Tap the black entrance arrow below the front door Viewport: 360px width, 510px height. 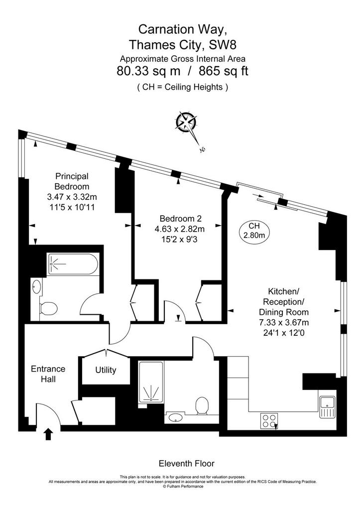click(48, 434)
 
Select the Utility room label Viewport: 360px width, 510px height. click(106, 370)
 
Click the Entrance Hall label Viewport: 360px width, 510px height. click(48, 374)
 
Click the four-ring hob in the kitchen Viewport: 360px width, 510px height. click(269, 420)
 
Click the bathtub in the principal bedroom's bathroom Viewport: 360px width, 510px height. click(72, 264)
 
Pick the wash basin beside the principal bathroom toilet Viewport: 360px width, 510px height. click(37, 286)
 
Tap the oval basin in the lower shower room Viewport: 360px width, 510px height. click(176, 417)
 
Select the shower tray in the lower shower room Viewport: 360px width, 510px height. click(151, 382)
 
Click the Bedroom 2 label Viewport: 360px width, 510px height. click(180, 219)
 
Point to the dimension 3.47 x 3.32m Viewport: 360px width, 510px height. click(72, 197)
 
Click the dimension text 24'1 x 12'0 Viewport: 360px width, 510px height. click(284, 333)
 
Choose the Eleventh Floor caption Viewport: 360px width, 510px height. click(186, 463)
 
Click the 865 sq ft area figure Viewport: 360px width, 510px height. click(224, 71)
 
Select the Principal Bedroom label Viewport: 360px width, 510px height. click(72, 181)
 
